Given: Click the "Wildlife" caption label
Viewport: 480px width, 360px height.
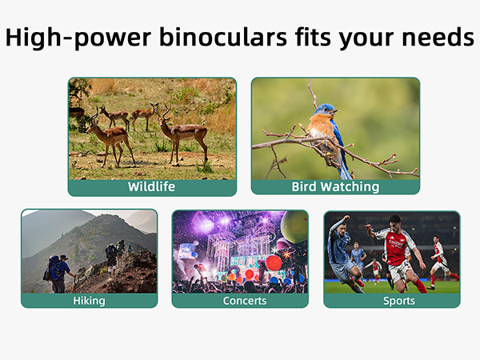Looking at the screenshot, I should pos(152,187).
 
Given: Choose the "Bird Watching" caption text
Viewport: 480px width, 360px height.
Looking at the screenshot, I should pos(335,187).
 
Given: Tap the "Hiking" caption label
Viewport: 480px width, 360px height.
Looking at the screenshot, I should pos(89,301).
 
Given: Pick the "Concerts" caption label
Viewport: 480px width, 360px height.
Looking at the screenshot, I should pos(240,301).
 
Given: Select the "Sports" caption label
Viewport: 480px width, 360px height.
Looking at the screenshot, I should pos(392,301).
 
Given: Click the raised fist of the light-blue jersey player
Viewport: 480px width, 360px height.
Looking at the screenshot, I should pos(345,220).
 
